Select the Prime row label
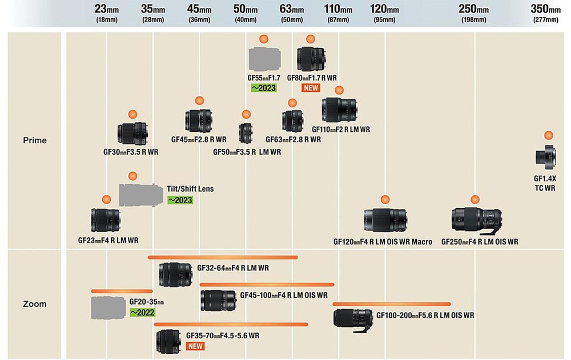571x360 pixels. pos(35,140)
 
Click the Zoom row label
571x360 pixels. pos(35,304)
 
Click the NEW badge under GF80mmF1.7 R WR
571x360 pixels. pos(311,88)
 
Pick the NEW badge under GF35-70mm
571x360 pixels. pos(195,346)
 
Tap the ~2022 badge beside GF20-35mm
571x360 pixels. pos(142,312)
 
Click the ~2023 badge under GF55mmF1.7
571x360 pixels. pos(264,88)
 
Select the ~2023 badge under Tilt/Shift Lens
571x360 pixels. pos(180,200)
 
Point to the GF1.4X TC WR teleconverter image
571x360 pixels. pos(546,157)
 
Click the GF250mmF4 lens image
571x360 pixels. pos(477,221)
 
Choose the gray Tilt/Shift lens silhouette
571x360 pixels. pos(141,195)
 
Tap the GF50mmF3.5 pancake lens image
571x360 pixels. pos(246,134)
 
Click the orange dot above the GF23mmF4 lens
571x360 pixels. pos(106,200)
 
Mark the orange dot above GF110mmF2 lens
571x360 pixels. pos(339,90)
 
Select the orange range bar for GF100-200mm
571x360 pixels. pos(392,304)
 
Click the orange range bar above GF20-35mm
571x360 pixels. pos(122,291)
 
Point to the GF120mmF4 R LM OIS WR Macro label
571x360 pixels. pos(383,242)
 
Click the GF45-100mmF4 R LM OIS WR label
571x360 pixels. pos(284,295)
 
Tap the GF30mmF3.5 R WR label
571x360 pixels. pos(131,152)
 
